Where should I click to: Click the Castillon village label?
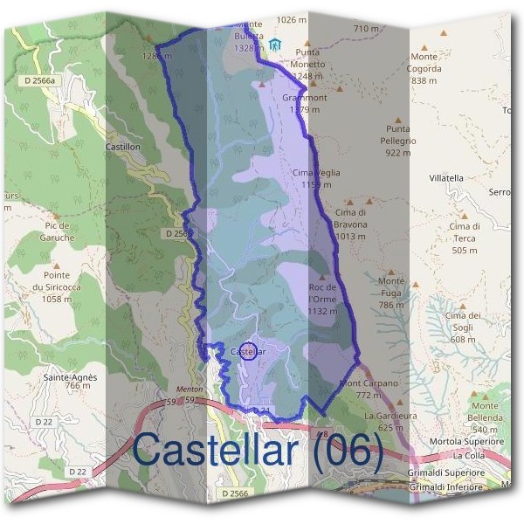pyautogui.click(x=122, y=148)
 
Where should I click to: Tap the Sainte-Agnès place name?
pyautogui.click(x=67, y=377)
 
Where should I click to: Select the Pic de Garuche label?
pyautogui.click(x=56, y=231)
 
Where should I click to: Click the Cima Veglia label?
pyautogui.click(x=316, y=173)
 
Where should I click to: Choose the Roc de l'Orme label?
pyautogui.click(x=323, y=293)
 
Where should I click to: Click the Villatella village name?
pyautogui.click(x=446, y=177)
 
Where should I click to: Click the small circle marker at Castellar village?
pyautogui.click(x=248, y=351)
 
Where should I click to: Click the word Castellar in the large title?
pyautogui.click(x=216, y=451)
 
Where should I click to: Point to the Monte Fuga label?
pyautogui.click(x=391, y=287)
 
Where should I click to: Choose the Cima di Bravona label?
pyautogui.click(x=350, y=218)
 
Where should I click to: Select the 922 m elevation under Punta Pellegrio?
pyautogui.click(x=397, y=153)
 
